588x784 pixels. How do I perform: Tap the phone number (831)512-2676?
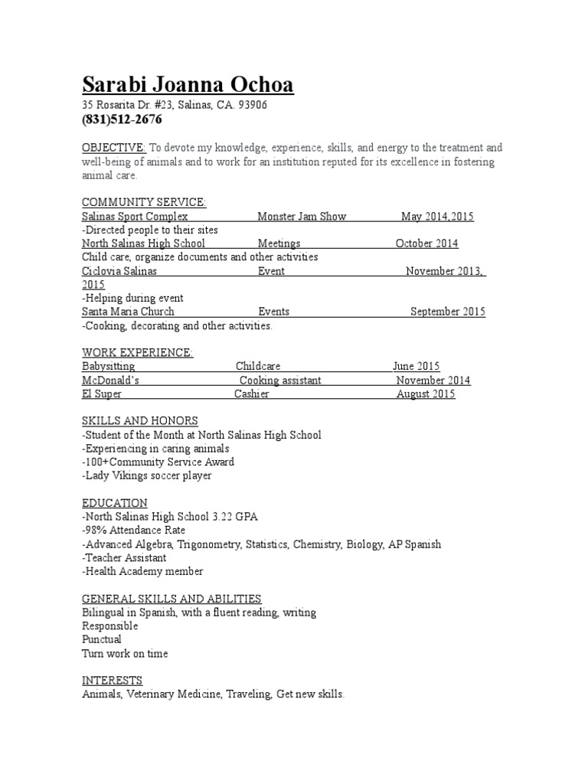click(122, 120)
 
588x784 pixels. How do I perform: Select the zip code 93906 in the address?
click(253, 105)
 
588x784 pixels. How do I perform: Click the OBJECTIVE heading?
click(113, 148)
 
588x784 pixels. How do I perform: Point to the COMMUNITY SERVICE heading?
click(144, 202)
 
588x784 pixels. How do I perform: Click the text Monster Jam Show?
click(302, 217)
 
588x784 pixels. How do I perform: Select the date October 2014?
click(427, 243)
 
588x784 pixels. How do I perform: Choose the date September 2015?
click(448, 312)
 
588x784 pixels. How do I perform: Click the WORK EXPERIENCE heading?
click(138, 352)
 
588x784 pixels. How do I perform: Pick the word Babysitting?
click(108, 367)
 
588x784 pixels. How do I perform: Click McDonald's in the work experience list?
click(110, 381)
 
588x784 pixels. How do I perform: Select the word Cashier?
click(251, 394)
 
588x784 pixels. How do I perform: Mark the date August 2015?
click(426, 394)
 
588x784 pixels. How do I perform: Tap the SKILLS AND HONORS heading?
click(140, 421)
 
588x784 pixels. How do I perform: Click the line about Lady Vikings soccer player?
click(146, 475)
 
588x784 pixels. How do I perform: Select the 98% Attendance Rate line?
click(133, 531)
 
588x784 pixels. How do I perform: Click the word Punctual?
click(102, 639)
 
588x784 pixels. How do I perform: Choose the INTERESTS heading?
click(112, 681)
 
